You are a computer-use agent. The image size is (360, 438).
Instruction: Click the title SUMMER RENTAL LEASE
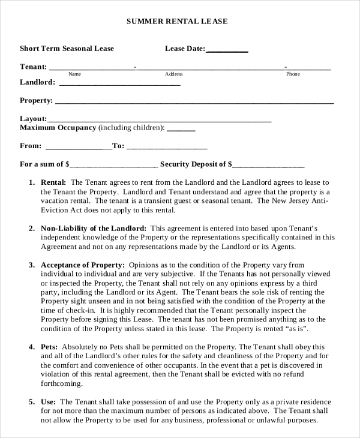(x=177, y=21)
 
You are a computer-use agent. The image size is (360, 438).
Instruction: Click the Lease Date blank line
(x=227, y=52)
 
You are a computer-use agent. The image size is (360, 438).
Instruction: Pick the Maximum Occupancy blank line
(x=181, y=130)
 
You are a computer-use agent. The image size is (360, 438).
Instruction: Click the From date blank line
(x=78, y=148)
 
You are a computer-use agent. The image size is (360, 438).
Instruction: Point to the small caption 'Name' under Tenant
(x=74, y=74)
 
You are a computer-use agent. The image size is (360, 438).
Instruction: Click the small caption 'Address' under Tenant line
(x=173, y=74)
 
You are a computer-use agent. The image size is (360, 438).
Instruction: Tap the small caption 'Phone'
(x=293, y=74)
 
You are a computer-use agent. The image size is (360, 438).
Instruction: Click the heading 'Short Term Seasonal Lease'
(x=67, y=49)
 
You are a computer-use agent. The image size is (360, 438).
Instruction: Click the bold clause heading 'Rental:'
(x=53, y=182)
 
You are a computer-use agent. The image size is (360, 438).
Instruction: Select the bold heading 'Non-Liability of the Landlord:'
(x=93, y=229)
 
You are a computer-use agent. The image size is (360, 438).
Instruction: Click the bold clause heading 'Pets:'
(x=49, y=347)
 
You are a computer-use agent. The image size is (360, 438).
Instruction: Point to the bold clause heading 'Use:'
(x=48, y=401)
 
